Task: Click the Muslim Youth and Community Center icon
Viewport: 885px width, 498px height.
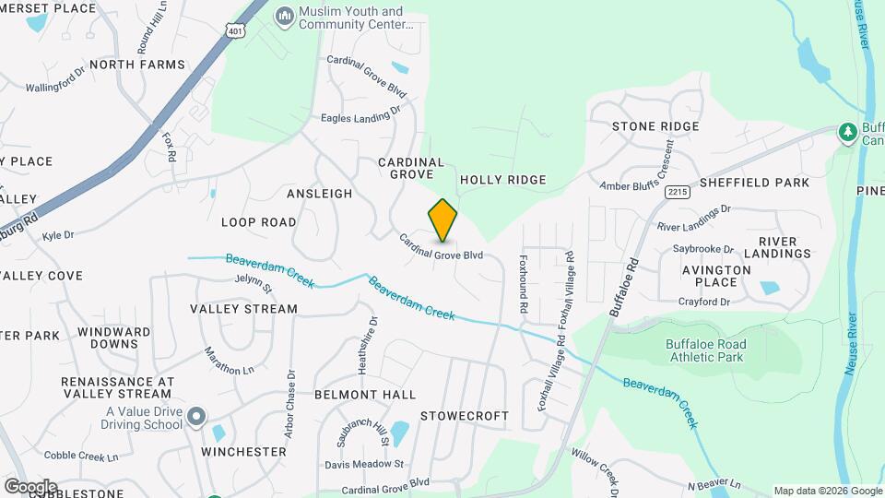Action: pos(285,17)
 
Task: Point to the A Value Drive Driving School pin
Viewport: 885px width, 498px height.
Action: pos(195,418)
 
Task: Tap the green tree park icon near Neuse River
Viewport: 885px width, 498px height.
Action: pos(847,133)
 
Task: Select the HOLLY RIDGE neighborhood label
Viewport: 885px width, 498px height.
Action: pos(502,180)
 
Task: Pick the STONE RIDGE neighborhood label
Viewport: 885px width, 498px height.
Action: pos(655,126)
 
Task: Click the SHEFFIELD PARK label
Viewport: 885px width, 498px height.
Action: pos(754,183)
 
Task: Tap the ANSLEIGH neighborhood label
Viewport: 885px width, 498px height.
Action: pos(319,194)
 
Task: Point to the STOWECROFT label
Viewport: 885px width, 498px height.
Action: pos(465,416)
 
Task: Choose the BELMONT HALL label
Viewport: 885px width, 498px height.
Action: pos(365,395)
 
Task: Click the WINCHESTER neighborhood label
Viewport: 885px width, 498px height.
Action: pos(244,452)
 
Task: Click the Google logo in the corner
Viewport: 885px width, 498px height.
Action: pos(30,486)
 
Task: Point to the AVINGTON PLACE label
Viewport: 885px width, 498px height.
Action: pos(716,277)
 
